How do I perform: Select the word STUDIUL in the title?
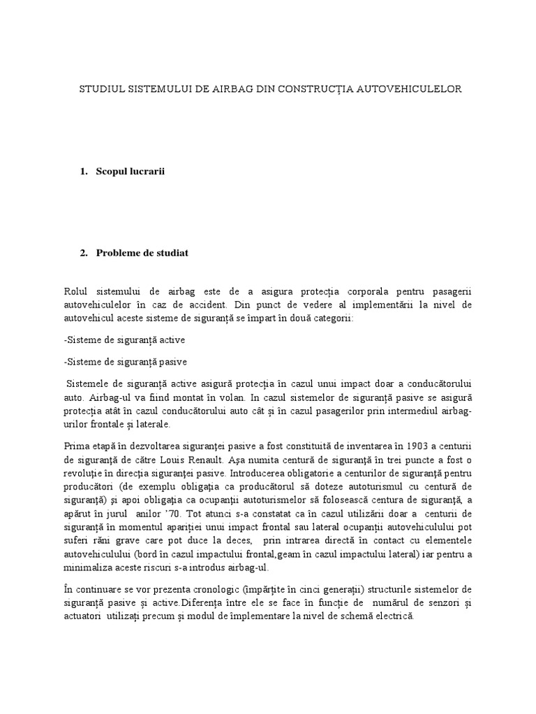tap(101, 89)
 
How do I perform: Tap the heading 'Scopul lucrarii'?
tap(129, 172)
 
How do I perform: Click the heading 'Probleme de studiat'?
tap(142, 253)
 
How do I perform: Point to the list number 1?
tap(84, 172)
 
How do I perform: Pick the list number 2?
tap(84, 253)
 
